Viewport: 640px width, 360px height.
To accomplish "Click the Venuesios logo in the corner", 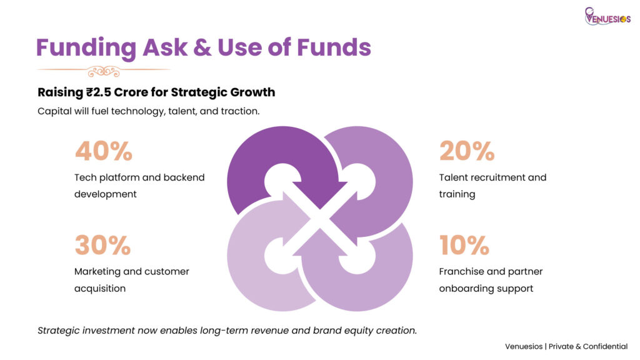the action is [607, 17].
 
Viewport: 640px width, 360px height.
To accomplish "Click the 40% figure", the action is [104, 151].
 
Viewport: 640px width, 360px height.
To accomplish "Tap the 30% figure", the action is [103, 245].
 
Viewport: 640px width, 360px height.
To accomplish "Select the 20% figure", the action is [467, 151].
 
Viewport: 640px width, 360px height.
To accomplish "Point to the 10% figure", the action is [464, 245].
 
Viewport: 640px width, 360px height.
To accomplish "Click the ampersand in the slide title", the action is [202, 47].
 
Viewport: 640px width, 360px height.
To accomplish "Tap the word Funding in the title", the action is [86, 48].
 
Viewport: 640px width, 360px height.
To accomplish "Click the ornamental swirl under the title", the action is [104, 71].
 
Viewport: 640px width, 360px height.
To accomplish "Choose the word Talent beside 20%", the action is [452, 177].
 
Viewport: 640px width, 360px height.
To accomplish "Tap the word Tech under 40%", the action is [85, 177].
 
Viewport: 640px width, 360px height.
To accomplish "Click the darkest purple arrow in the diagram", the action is [282, 163].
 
